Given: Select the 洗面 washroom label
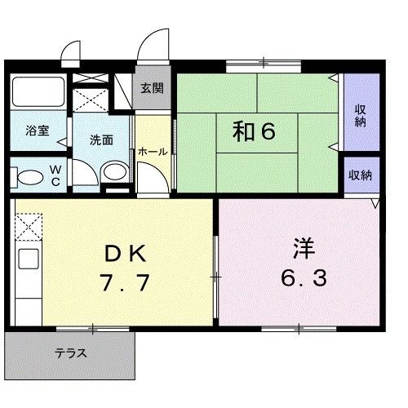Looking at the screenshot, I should (x=101, y=139).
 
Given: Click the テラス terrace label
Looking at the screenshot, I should (x=71, y=354).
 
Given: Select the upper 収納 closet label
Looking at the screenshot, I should (x=361, y=116).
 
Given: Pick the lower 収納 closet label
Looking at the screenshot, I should (x=360, y=175).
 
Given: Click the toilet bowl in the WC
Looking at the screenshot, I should (x=29, y=176).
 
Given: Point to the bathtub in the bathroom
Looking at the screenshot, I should (x=38, y=92).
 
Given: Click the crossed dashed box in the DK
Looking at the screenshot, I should (x=27, y=224).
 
